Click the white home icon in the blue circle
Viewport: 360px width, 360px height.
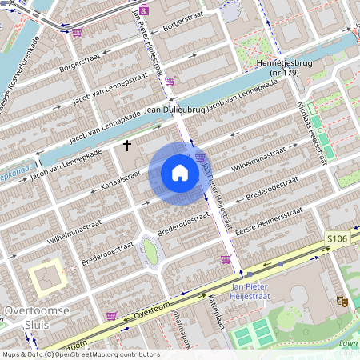click(180, 173)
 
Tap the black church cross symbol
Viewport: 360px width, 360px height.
click(127, 146)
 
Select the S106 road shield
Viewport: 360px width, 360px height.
click(337, 239)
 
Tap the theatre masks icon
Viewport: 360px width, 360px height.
click(341, 300)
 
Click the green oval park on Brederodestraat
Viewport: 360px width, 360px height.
click(150, 251)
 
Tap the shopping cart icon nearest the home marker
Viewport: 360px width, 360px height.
click(200, 157)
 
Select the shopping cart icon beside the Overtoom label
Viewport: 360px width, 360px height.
click(111, 315)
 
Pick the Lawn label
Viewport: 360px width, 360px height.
click(347, 344)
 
